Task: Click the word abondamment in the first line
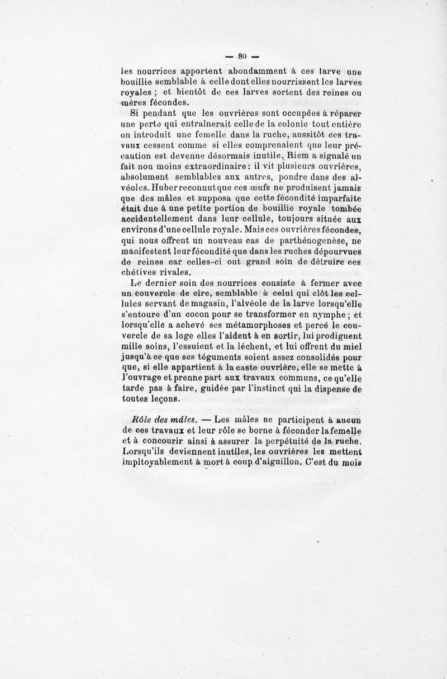click(x=254, y=71)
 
